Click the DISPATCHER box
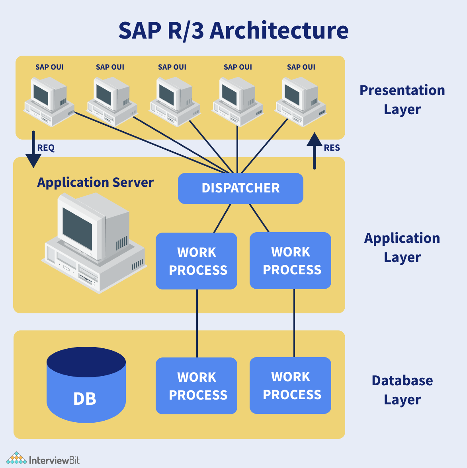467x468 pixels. (240, 188)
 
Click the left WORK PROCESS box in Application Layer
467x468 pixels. (196, 261)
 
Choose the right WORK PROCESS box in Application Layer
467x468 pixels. (290, 260)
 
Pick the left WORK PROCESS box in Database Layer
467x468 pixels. (196, 386)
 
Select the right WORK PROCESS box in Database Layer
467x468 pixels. (290, 385)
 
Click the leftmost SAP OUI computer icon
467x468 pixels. (49, 101)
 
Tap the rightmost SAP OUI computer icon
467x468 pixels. (301, 101)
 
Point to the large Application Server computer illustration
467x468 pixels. (94, 243)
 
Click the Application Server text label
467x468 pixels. (95, 183)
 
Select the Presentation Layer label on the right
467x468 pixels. (402, 99)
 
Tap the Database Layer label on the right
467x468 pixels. (402, 390)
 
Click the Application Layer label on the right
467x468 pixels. (402, 247)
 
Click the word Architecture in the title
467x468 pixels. (279, 30)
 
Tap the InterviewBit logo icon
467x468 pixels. (16, 458)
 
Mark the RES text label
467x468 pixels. (332, 148)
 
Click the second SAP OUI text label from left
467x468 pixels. (110, 67)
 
